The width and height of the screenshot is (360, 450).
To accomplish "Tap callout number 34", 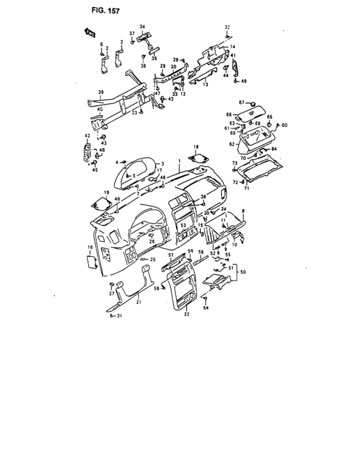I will [x=143, y=26].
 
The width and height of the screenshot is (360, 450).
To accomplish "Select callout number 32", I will [x=226, y=27].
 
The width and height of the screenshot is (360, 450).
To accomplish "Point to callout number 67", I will [x=242, y=103].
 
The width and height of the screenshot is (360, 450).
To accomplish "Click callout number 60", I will [x=285, y=125].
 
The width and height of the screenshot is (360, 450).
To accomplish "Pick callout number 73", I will [x=235, y=163].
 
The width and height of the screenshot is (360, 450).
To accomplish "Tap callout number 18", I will [x=197, y=147].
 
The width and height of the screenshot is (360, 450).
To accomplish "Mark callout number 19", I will [x=107, y=193].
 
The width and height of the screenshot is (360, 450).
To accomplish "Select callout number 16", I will [x=89, y=247].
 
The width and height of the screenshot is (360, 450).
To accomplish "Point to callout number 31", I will [x=117, y=316].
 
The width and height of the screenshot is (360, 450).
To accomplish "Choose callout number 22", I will [x=186, y=314].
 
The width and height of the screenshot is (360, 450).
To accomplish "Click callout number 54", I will [x=206, y=309].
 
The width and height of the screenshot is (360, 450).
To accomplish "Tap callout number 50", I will [x=242, y=273].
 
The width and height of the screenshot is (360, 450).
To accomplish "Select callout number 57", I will [x=170, y=255].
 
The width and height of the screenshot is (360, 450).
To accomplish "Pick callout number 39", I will [x=100, y=93].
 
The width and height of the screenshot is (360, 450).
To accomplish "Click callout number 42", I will [x=87, y=136].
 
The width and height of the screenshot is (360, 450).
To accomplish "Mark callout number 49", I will [x=244, y=82].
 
